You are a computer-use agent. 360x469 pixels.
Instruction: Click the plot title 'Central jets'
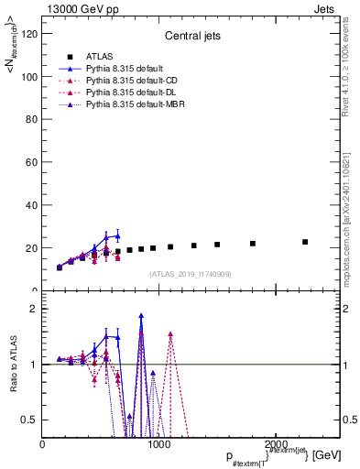click(x=191, y=38)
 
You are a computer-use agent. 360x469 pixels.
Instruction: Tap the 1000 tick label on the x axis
click(x=159, y=444)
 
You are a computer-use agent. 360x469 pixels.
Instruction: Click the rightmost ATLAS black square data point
click(x=305, y=242)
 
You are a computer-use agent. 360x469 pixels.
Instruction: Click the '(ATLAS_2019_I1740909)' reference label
click(x=191, y=274)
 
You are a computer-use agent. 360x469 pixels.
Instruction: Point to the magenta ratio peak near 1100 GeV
click(x=170, y=334)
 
